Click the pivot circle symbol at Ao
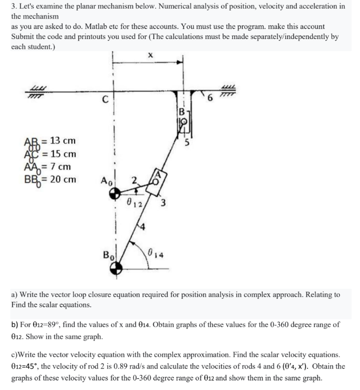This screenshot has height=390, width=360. (115, 193)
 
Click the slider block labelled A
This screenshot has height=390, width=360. (157, 177)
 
